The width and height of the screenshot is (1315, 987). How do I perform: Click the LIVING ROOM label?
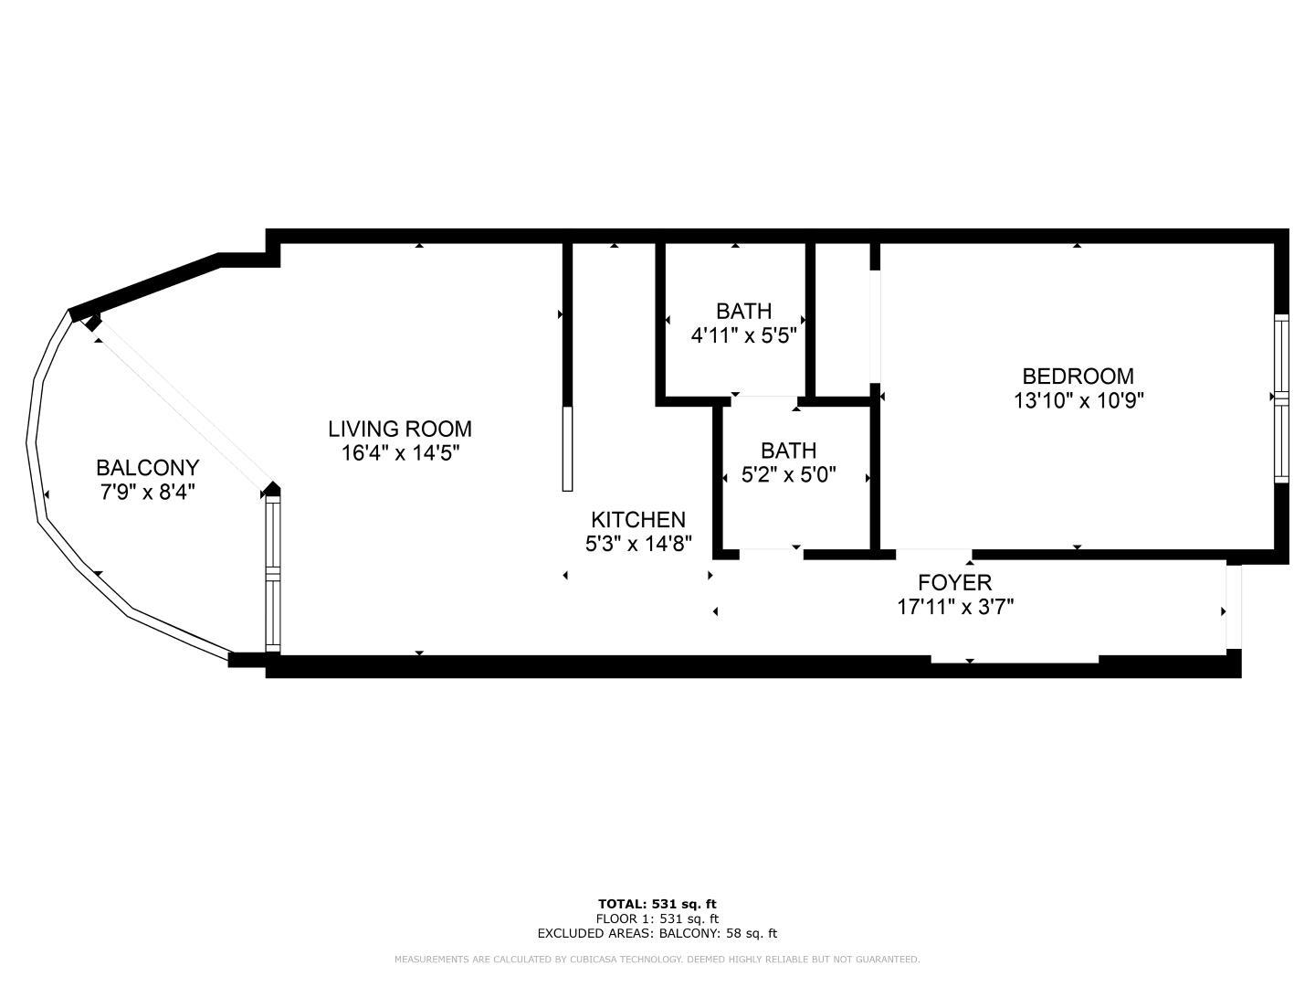[x=400, y=429]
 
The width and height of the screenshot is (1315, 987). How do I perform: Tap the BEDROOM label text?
[x=1078, y=377]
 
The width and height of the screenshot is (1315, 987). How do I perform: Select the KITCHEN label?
[x=638, y=520]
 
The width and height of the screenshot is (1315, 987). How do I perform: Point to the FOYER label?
[x=955, y=582]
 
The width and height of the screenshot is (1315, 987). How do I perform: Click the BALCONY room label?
[x=147, y=467]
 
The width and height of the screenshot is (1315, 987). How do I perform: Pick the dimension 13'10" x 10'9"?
[x=1078, y=400]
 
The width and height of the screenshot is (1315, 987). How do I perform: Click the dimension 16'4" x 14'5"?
[x=400, y=453]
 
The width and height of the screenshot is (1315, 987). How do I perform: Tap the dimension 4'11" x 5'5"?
[x=743, y=335]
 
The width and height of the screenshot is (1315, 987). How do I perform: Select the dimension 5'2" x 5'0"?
[x=788, y=475]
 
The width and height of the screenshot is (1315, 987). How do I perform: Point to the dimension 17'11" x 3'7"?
[x=955, y=607]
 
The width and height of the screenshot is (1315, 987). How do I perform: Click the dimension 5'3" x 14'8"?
[x=638, y=544]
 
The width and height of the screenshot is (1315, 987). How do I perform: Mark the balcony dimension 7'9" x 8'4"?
[x=147, y=492]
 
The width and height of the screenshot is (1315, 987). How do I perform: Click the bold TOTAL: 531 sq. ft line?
[x=657, y=905]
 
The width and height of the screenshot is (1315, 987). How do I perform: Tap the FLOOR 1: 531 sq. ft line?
[x=657, y=918]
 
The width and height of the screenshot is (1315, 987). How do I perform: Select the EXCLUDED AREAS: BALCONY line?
[x=657, y=933]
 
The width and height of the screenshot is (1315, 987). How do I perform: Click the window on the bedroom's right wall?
[x=1281, y=398]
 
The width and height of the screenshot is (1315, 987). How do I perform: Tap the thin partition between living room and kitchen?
[x=567, y=449]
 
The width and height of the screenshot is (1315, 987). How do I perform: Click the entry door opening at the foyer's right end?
[x=1234, y=607]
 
